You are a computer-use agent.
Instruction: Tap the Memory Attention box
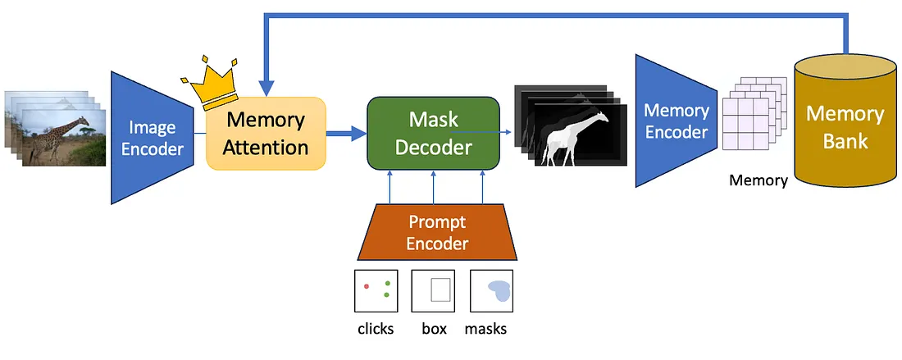coord(266,134)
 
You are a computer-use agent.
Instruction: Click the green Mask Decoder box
coord(432,134)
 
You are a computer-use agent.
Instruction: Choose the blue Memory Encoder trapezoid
coord(674,121)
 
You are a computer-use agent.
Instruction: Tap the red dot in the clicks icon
coord(366,286)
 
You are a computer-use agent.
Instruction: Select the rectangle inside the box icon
coord(440,290)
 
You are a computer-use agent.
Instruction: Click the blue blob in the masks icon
coord(498,289)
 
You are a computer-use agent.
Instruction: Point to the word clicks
coord(376,330)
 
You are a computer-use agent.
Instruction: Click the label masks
coord(485,330)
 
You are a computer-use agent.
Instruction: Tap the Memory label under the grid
coord(758,180)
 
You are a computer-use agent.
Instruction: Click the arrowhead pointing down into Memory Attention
coord(265,88)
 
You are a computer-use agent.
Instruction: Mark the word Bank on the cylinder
coord(845,141)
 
